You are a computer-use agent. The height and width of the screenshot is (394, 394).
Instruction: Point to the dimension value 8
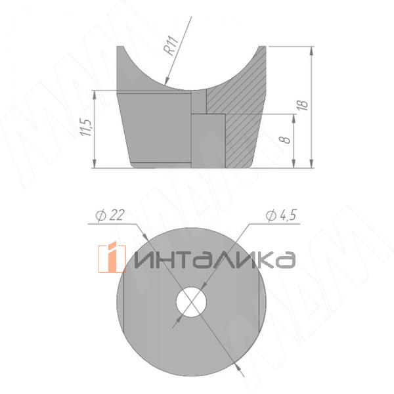[284, 140]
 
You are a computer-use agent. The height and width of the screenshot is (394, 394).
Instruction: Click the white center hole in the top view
[191, 301]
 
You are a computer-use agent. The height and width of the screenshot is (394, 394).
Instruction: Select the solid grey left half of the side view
[154, 128]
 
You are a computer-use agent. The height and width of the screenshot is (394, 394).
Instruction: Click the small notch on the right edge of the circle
[265, 302]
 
